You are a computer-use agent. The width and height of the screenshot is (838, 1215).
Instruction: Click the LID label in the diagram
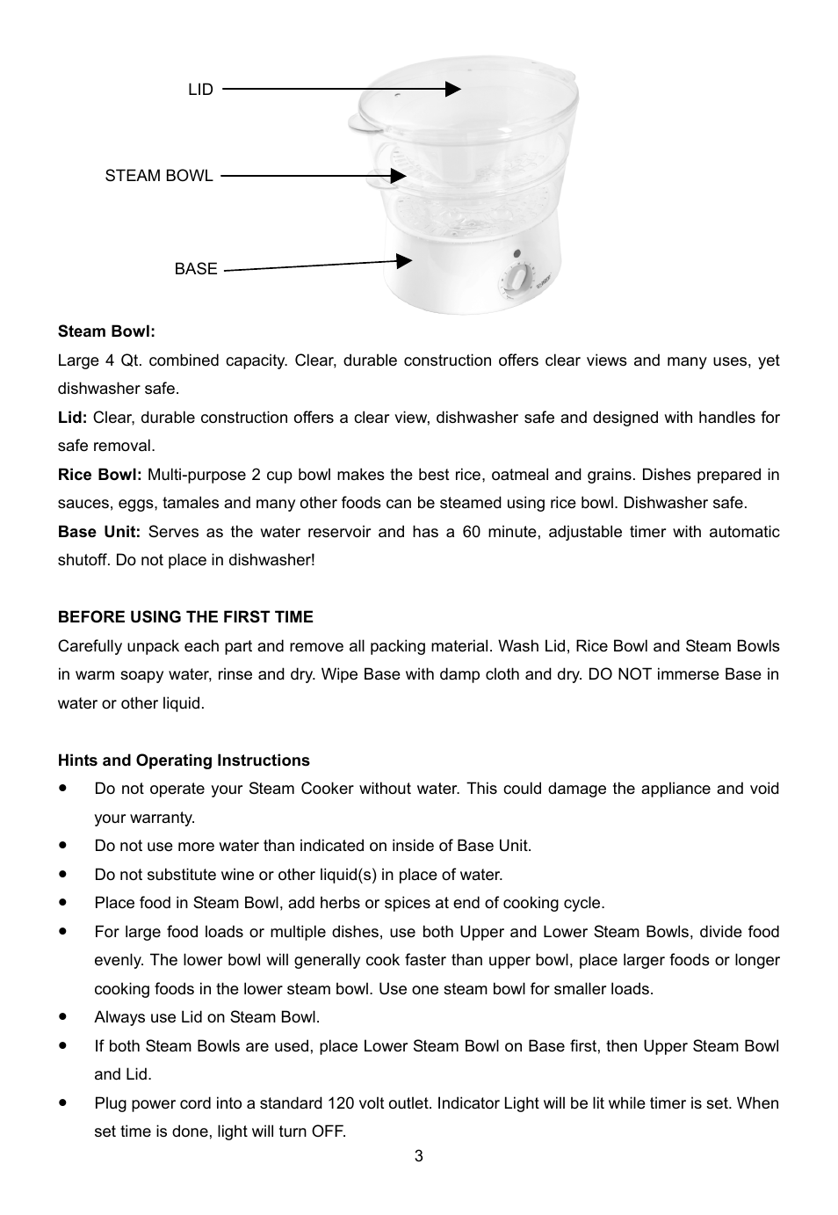click(x=200, y=90)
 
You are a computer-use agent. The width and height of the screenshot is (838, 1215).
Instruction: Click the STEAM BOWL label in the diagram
click(x=159, y=176)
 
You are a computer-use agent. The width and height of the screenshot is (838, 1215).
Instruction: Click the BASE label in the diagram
click(x=195, y=269)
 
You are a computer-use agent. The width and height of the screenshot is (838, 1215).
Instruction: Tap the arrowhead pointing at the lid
click(x=452, y=89)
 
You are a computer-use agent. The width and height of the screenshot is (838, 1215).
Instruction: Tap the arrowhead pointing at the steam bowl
click(x=398, y=176)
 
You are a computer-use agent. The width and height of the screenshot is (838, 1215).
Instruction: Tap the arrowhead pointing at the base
click(x=404, y=260)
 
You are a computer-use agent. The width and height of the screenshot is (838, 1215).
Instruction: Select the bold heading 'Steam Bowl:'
click(x=106, y=331)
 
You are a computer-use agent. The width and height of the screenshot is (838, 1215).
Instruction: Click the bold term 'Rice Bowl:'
click(x=99, y=475)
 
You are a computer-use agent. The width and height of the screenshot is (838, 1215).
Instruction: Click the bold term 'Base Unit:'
click(x=99, y=532)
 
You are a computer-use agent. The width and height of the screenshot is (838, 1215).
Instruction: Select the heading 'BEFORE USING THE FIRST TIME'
click(x=185, y=617)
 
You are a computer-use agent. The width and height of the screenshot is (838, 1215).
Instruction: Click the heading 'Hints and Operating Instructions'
click(x=184, y=760)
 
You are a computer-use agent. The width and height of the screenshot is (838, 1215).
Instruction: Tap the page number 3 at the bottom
click(x=419, y=1156)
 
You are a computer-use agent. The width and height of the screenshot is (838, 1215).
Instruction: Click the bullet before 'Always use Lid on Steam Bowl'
click(x=63, y=1016)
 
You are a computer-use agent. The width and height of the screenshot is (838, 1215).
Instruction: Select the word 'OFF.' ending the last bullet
click(x=329, y=1131)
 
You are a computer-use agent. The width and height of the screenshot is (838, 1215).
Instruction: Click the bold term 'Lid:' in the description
click(x=72, y=418)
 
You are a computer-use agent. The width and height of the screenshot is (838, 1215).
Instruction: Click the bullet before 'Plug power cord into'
click(x=63, y=1102)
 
